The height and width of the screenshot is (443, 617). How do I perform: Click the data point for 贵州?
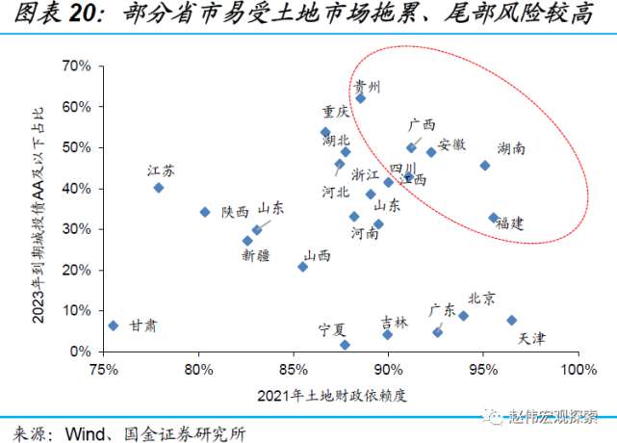(361, 98)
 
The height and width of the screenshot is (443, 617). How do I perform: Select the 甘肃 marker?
(113, 326)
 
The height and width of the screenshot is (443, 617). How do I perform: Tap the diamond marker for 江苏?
(159, 188)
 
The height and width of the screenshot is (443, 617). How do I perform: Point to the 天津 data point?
(511, 320)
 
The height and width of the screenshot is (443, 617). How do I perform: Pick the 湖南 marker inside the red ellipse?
(484, 166)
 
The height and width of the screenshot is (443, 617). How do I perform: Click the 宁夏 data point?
(345, 345)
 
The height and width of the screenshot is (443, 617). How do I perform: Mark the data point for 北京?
(463, 316)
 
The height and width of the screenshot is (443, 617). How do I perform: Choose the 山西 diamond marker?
(302, 267)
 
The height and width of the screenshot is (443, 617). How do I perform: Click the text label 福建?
(509, 222)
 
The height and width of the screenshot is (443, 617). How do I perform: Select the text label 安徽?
(451, 144)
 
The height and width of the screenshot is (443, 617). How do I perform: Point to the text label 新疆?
(256, 256)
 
